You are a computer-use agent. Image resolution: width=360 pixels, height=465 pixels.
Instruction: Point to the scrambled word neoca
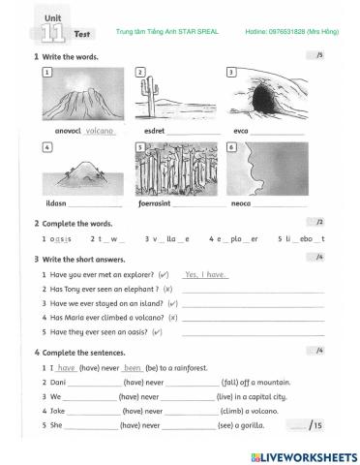point(242,203)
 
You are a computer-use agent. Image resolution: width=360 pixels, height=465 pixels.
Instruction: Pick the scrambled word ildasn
point(55,203)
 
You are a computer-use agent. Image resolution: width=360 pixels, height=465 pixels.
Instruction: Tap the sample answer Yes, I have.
point(205,274)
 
